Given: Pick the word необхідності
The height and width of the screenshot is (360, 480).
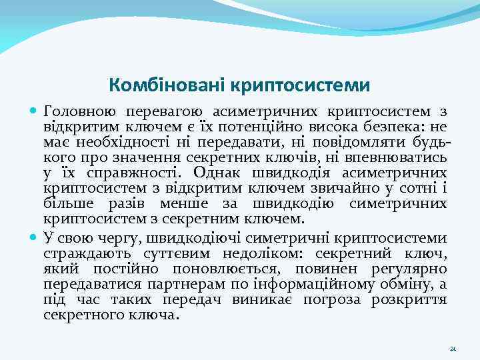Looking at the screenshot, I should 124,141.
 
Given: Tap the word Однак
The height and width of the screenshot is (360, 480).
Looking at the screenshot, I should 226,172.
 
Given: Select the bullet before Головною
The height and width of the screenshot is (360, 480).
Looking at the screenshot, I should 34,111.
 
